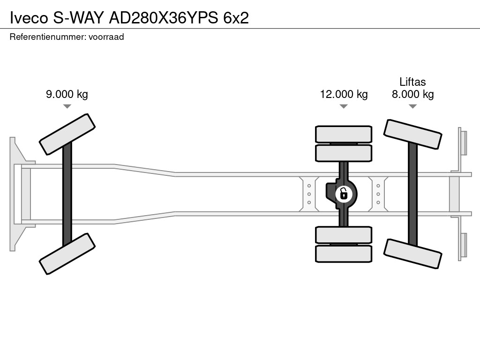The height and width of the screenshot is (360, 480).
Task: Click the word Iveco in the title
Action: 29,18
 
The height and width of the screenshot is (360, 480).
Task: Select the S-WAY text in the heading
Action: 79,18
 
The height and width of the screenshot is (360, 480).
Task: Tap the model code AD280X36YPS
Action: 164,18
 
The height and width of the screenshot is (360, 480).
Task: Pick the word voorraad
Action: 106,37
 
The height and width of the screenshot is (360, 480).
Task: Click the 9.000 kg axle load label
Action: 67,94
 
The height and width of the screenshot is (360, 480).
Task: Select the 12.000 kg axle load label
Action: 344,94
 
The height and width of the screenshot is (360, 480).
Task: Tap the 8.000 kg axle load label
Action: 412,94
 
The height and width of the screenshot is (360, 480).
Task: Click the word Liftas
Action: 412,82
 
